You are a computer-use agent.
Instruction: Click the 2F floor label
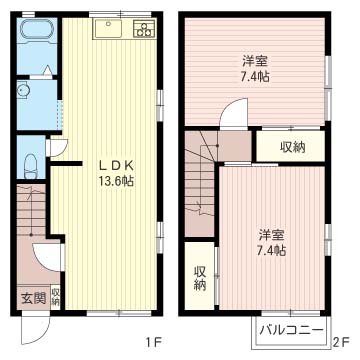341,344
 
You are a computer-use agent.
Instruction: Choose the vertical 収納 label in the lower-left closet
200,277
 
